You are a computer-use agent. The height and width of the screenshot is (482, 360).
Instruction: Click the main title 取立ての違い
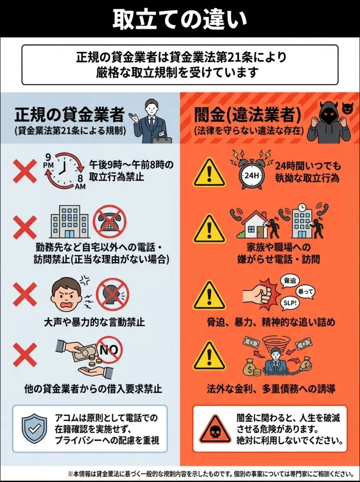coord(180,19)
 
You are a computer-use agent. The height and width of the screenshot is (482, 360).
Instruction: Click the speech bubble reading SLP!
coord(290,303)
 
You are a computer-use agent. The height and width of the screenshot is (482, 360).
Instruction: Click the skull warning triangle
coord(215,429)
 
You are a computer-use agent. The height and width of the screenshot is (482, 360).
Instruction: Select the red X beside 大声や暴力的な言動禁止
coord(25,295)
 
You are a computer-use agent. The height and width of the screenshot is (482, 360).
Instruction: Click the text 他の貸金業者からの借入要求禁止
coord(93,389)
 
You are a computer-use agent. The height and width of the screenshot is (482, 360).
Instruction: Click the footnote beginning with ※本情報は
coord(210,474)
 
